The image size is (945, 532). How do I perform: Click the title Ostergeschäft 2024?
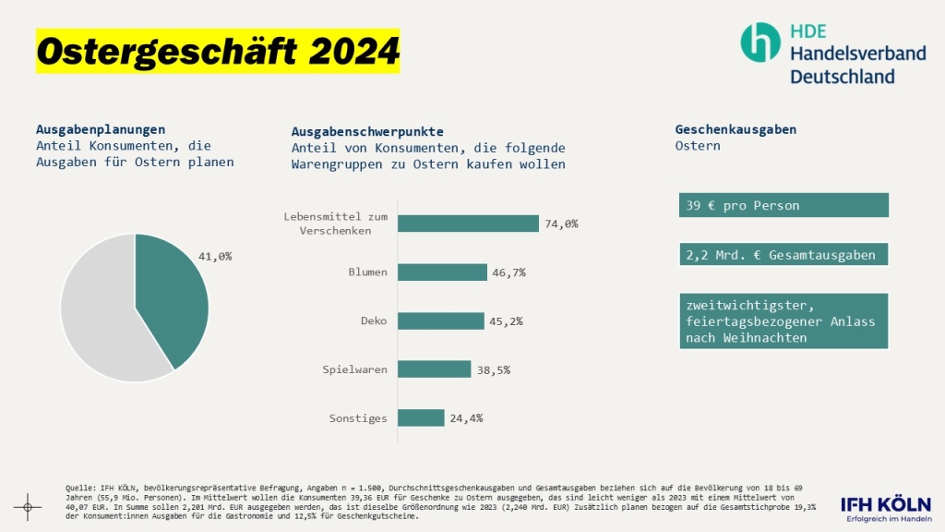click(x=218, y=52)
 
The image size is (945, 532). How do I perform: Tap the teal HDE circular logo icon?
click(x=760, y=42)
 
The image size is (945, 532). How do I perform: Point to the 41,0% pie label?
click(x=215, y=257)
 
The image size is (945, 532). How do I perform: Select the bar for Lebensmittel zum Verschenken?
click(x=468, y=224)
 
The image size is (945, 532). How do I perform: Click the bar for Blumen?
click(x=442, y=272)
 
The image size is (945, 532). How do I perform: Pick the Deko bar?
click(x=441, y=320)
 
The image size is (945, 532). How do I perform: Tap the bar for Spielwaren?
click(x=435, y=369)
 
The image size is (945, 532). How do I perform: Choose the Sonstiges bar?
click(x=421, y=417)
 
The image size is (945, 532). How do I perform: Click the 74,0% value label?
click(x=561, y=224)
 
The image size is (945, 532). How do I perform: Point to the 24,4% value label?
click(x=466, y=418)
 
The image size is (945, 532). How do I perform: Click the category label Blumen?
click(x=367, y=272)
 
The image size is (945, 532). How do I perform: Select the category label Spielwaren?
click(x=355, y=369)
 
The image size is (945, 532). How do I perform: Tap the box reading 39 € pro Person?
click(x=784, y=205)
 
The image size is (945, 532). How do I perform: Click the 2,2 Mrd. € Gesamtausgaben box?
click(x=784, y=255)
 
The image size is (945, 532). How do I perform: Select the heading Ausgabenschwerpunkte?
click(x=367, y=131)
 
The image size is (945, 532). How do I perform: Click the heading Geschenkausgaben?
click(x=736, y=129)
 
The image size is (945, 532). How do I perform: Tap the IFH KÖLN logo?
click(x=886, y=509)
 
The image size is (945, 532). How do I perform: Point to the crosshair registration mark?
click(x=28, y=507)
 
